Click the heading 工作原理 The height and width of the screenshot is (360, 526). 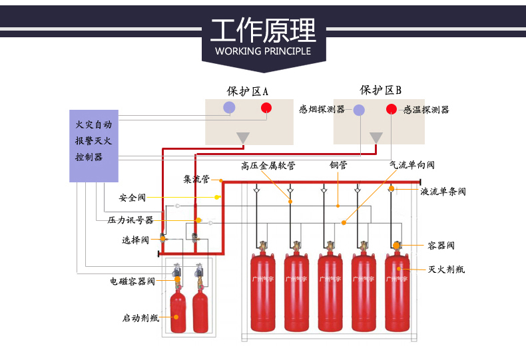(263, 31)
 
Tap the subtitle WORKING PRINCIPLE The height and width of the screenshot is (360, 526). (263, 51)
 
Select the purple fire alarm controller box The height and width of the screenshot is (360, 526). (94, 146)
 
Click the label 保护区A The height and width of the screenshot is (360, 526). (247, 91)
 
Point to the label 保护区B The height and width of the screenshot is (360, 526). (380, 90)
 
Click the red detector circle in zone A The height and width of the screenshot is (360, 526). (266, 108)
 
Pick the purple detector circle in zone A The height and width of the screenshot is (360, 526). (230, 108)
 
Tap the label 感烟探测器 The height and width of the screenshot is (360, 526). (322, 110)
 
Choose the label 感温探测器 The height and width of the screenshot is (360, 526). (426, 110)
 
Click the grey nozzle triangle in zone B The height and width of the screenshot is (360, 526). (377, 137)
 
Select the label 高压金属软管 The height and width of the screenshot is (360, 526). (268, 165)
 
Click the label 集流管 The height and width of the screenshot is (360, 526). (197, 179)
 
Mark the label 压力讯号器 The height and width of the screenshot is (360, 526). (131, 220)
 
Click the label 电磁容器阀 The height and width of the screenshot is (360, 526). (132, 281)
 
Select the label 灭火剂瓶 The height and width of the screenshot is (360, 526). (446, 270)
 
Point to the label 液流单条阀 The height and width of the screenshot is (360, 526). (443, 192)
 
